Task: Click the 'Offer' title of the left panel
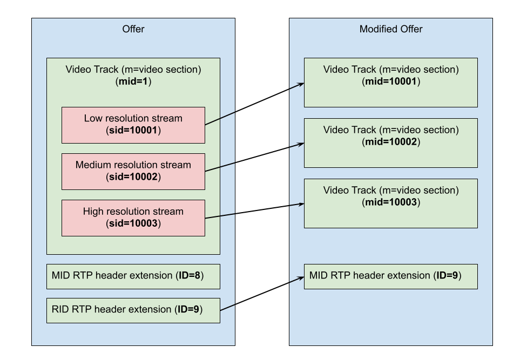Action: (x=133, y=29)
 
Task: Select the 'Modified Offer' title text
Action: (x=391, y=29)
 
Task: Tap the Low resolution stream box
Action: (x=133, y=125)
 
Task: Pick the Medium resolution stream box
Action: (x=133, y=171)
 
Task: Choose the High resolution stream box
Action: (x=133, y=218)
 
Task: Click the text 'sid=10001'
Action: (x=133, y=130)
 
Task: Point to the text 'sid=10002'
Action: (x=133, y=176)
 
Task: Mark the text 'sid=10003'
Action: (x=133, y=223)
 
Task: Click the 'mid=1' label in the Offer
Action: (x=133, y=81)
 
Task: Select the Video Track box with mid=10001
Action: (x=391, y=83)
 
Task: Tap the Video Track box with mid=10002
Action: (x=391, y=143)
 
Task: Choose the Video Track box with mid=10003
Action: (x=391, y=203)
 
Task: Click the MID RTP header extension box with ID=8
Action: (x=133, y=276)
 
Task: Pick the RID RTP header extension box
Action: (x=133, y=310)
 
